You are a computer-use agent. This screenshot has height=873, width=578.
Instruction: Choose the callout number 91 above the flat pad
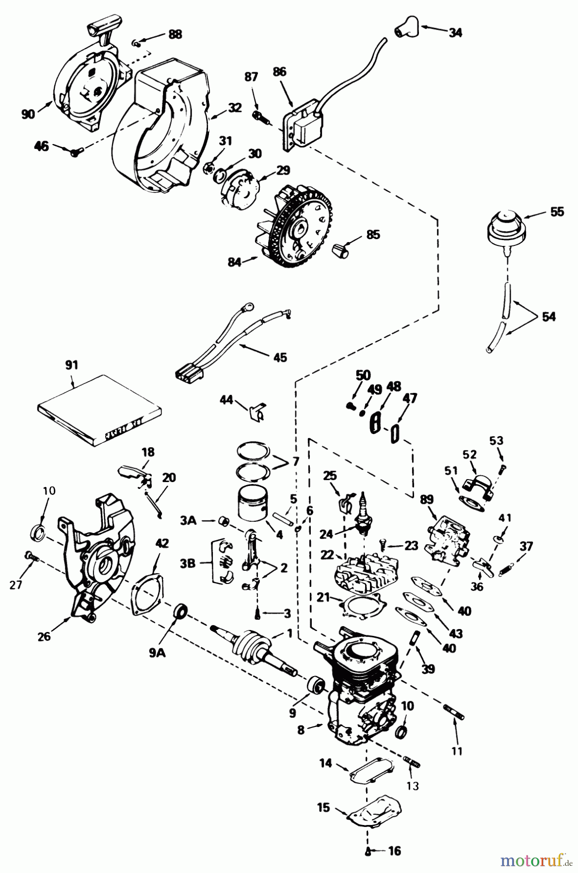coord(71,365)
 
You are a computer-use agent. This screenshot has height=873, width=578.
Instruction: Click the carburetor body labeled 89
coord(447,537)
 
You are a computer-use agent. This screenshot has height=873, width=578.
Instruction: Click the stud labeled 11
coord(454,711)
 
